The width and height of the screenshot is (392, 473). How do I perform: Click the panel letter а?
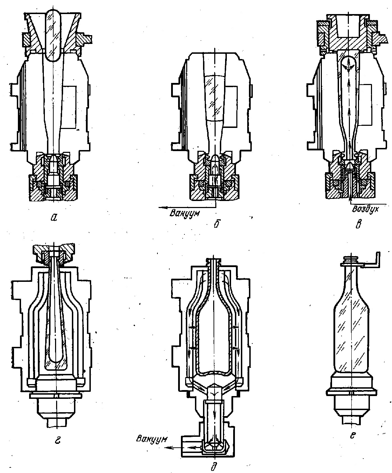pyautogui.click(x=54, y=218)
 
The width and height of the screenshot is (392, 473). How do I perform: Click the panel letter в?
pyautogui.click(x=358, y=224)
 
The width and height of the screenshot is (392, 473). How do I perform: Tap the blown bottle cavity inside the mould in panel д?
pyautogui.click(x=214, y=335)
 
